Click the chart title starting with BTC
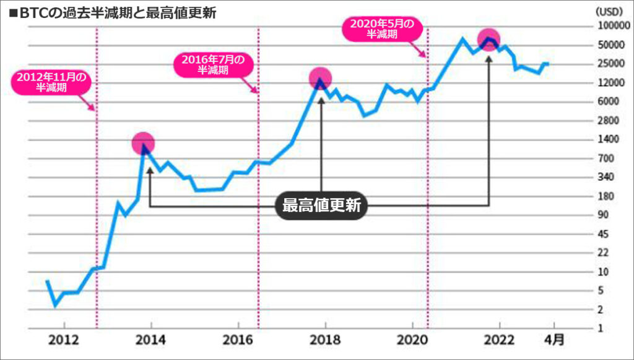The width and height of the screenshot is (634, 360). [x=111, y=13]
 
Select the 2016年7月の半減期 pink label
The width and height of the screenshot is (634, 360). [x=213, y=64]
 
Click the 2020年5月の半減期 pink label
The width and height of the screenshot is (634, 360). [x=381, y=29]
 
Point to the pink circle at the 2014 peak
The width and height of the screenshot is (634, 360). [x=143, y=143]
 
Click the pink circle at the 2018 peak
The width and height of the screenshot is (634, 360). [x=320, y=78]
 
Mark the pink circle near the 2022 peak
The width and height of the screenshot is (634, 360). [x=489, y=40]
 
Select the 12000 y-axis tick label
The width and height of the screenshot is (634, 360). [x=608, y=83]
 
